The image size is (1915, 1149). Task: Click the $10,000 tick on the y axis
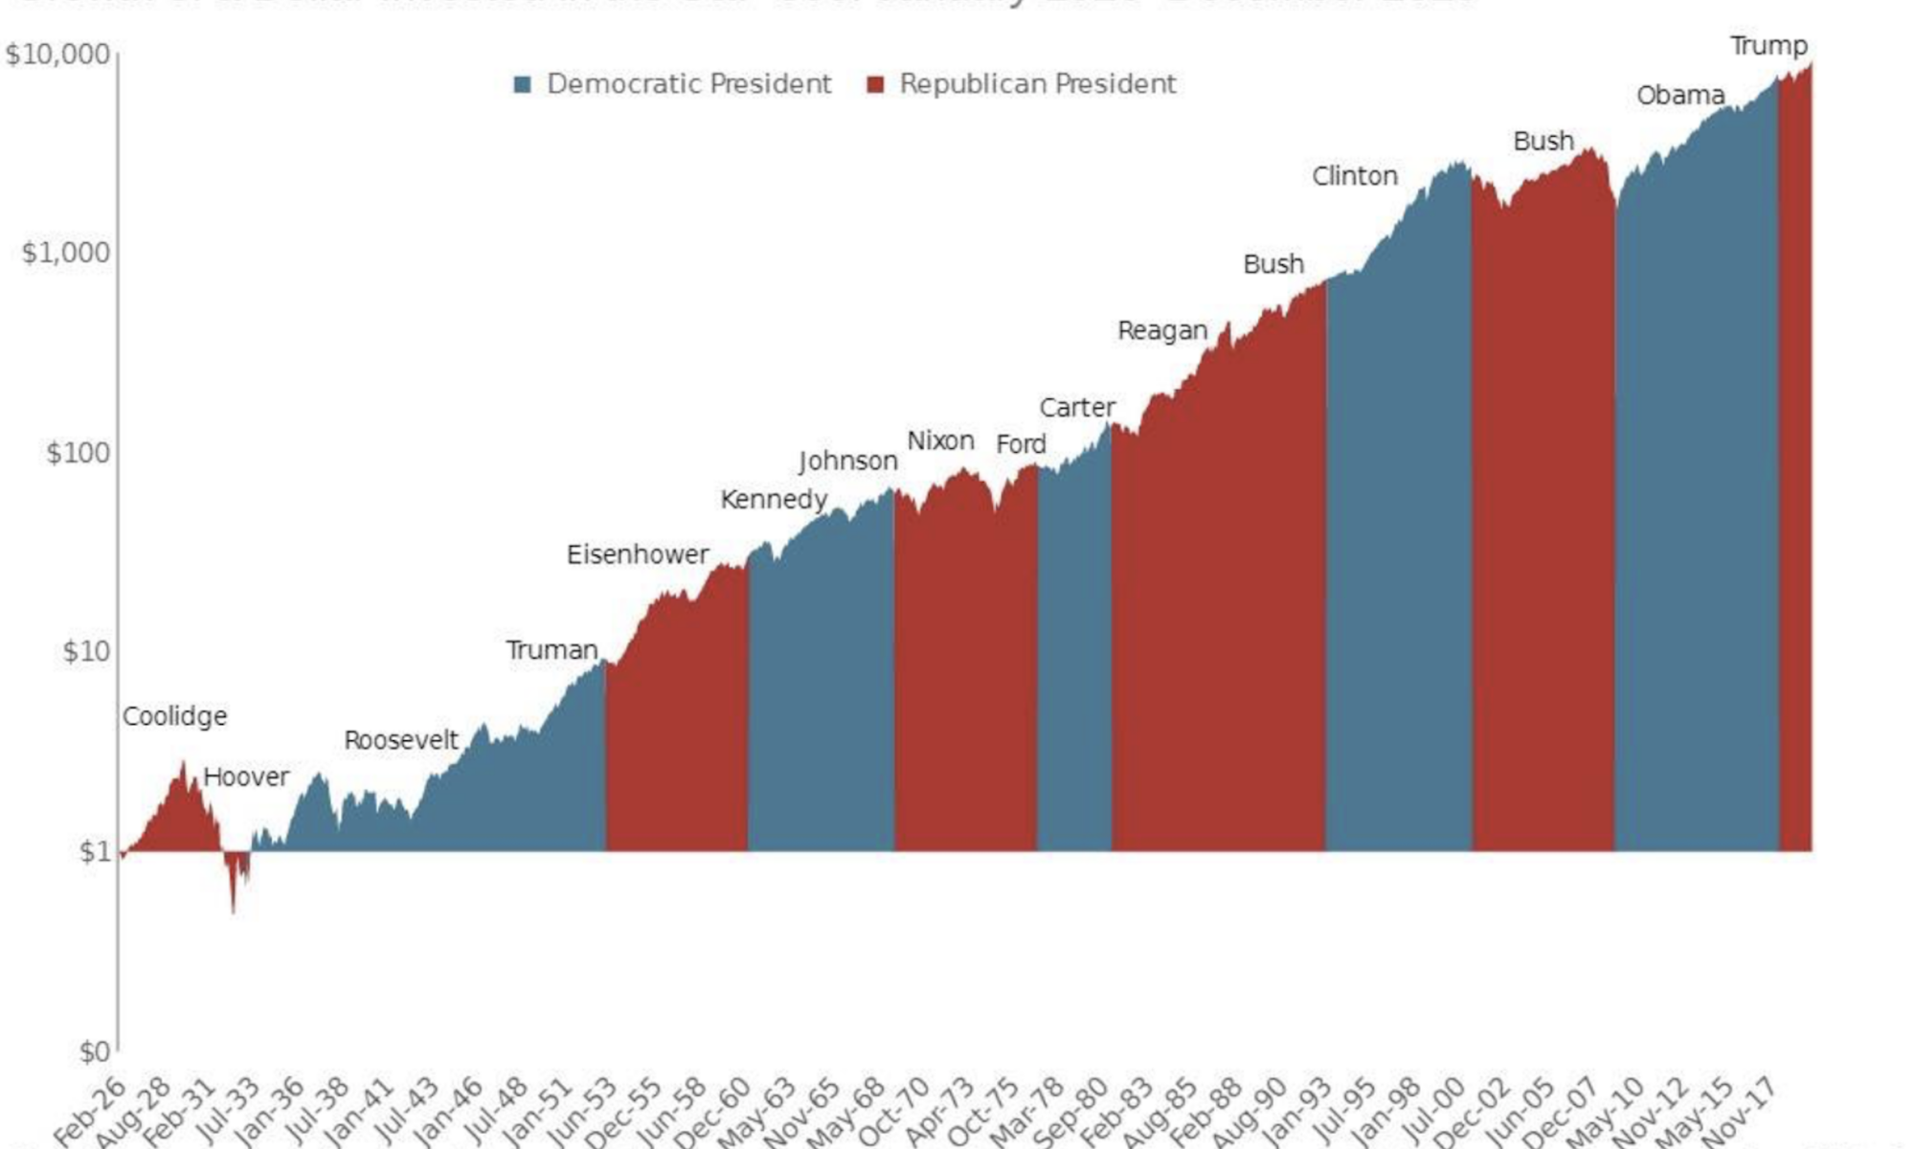tap(57, 54)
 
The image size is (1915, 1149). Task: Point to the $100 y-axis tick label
tap(79, 452)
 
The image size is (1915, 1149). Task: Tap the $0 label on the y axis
tap(95, 1051)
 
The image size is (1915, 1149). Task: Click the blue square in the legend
tap(522, 84)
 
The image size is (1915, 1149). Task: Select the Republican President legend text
tap(1037, 84)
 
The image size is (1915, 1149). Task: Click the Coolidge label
tap(174, 716)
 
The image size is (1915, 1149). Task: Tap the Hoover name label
tap(246, 777)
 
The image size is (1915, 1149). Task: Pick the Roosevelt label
tap(401, 740)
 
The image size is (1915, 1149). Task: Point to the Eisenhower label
tap(638, 554)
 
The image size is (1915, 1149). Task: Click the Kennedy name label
tap(774, 500)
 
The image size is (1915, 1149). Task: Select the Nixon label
tap(940, 441)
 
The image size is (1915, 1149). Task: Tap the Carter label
tap(1077, 408)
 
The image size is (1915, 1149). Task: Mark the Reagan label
tap(1162, 330)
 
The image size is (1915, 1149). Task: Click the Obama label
tap(1680, 96)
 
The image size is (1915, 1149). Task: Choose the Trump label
tap(1769, 46)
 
